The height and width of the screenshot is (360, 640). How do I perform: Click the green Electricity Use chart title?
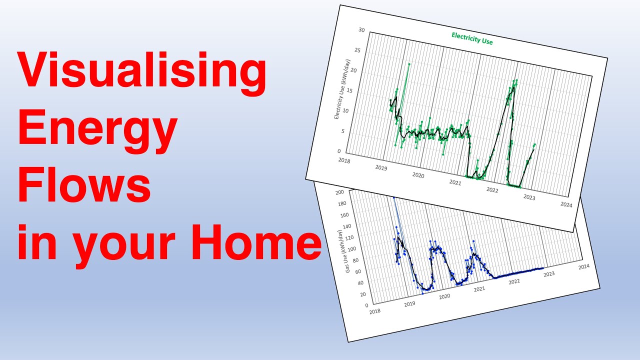(x=472, y=38)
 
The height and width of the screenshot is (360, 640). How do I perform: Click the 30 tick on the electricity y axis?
(x=361, y=30)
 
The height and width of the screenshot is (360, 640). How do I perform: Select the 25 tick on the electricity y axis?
(x=357, y=50)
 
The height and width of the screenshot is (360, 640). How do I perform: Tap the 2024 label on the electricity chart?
(x=566, y=205)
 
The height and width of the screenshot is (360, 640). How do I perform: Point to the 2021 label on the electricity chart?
(x=455, y=183)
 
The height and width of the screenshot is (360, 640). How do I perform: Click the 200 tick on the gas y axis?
(x=340, y=192)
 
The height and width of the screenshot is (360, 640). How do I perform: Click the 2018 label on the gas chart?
(x=374, y=311)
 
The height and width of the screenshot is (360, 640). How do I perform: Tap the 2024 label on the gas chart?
(x=583, y=267)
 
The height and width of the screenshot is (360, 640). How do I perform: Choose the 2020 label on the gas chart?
(x=444, y=296)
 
